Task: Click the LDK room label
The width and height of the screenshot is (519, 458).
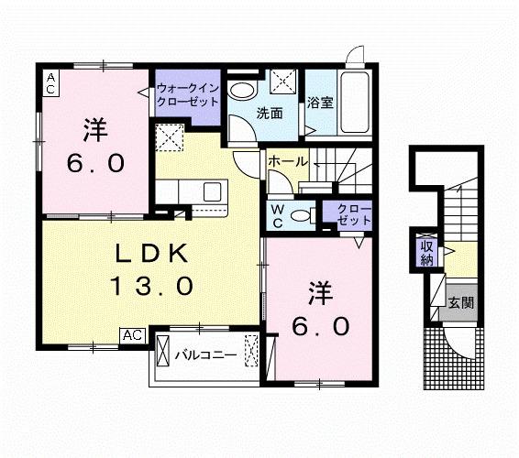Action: [151, 253]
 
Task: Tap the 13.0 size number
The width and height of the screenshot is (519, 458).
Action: [152, 286]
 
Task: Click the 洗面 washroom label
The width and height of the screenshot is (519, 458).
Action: [269, 114]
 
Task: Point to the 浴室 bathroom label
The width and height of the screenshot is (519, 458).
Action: [320, 103]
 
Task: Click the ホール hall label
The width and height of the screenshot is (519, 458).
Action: [288, 161]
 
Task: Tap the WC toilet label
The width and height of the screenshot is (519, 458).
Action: [276, 215]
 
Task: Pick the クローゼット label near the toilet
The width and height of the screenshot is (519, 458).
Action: [348, 216]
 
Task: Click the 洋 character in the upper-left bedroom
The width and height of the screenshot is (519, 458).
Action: [94, 129]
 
